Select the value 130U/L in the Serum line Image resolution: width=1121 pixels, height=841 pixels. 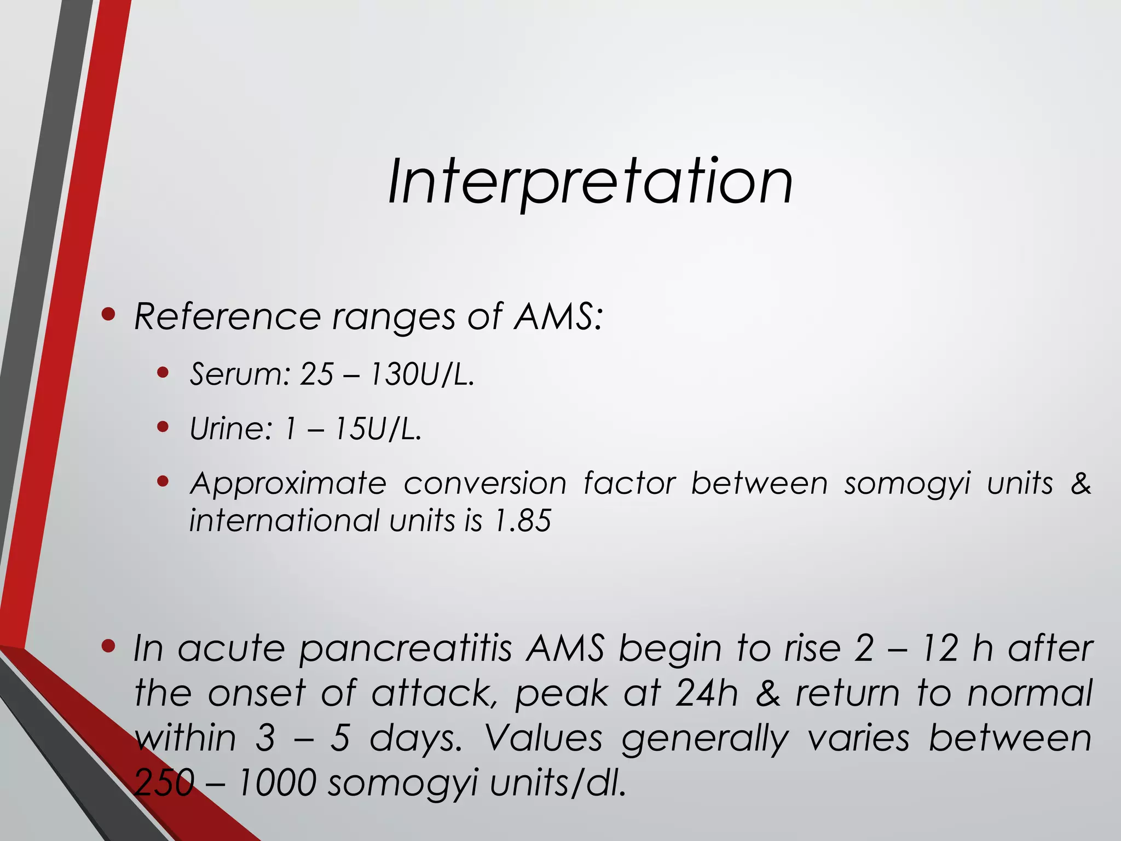tap(421, 375)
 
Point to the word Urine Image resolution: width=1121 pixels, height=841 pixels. tap(230, 429)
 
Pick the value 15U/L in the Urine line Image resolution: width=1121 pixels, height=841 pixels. tap(378, 429)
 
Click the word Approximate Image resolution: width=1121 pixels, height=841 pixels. tap(288, 484)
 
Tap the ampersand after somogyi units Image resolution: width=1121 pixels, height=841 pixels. tap(1080, 483)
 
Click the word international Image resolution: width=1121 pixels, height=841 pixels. tap(284, 520)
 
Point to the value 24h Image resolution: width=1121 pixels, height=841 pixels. tap(706, 694)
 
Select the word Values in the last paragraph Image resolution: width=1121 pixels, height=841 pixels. tap(544, 738)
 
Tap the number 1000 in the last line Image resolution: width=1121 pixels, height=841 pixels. tap(277, 783)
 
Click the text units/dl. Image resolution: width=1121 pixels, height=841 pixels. tap(558, 783)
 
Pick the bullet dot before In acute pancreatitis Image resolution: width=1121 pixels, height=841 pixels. tap(109, 647)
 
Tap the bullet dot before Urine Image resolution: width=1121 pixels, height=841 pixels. tap(162, 427)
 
